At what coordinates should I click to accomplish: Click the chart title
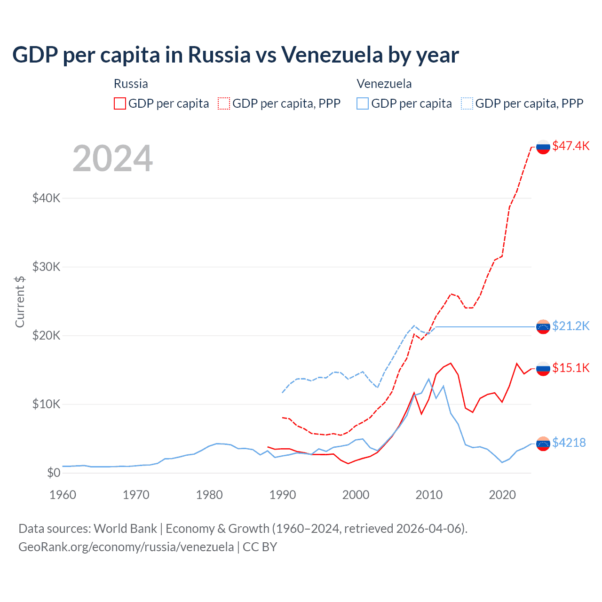pos(235,55)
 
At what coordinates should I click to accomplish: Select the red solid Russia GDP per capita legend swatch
pos(120,103)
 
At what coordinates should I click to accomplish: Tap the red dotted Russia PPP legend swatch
pos(224,103)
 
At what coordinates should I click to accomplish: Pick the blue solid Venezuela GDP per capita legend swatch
pos(363,103)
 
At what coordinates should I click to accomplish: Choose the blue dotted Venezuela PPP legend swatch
pos(467,103)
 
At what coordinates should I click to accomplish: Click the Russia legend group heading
pos(131,84)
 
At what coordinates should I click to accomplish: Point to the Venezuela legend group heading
pos(384,84)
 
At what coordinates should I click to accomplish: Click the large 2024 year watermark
pos(113,158)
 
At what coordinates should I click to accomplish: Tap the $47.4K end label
pos(570,146)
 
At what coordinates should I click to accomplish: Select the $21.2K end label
pos(570,326)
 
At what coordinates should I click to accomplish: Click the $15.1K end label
pos(570,368)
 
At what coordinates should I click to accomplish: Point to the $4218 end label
pos(569,443)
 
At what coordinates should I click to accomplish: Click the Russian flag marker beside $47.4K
pos(543,147)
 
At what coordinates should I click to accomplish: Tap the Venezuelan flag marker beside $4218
pos(543,444)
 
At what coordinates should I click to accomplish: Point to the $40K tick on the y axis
pos(47,198)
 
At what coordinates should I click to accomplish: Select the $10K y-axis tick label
pos(47,404)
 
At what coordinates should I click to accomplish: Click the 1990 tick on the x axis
pos(283,495)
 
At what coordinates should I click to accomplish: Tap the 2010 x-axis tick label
pos(429,495)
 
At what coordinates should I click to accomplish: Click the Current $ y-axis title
pos(20,301)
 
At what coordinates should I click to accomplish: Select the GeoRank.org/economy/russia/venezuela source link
pos(126,547)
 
